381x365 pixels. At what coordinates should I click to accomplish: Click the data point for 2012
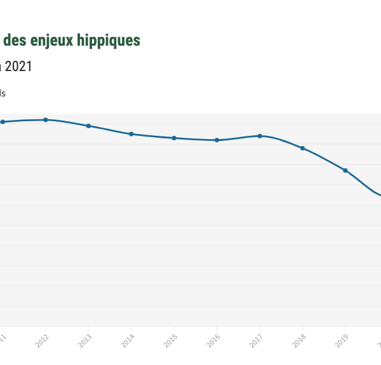(46, 119)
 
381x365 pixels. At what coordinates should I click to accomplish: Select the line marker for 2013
(88, 126)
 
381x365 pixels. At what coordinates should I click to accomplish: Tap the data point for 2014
(131, 134)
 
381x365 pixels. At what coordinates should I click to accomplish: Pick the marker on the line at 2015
(174, 138)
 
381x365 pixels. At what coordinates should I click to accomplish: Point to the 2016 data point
(217, 140)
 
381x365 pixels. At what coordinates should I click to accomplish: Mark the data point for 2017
(260, 136)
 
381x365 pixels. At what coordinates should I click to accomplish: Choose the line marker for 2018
(302, 148)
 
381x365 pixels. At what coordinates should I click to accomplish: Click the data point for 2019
(345, 170)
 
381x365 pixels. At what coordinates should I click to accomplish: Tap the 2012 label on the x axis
(43, 341)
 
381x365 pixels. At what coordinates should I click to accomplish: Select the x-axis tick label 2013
(85, 341)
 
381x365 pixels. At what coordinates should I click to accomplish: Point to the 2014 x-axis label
(128, 341)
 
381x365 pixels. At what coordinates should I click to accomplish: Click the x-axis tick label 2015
(171, 341)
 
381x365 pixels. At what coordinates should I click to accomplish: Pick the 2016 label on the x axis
(213, 341)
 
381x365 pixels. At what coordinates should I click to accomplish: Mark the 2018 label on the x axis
(299, 341)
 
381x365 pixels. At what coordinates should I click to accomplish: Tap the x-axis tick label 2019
(342, 341)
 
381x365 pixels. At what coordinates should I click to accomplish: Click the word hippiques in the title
(110, 41)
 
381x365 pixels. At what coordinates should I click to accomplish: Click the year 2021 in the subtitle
(18, 66)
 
